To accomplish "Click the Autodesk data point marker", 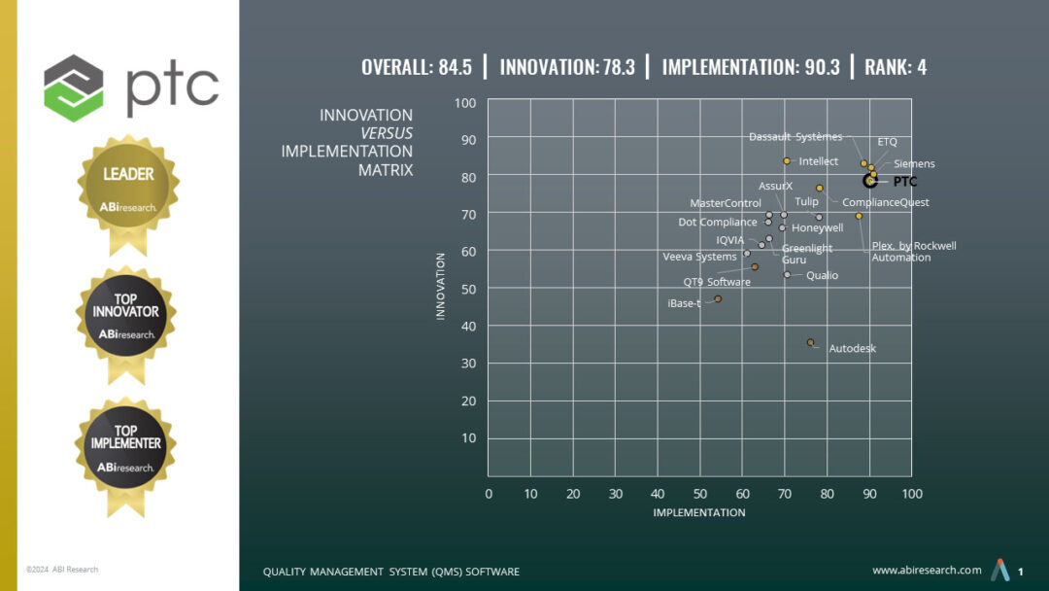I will click(810, 342).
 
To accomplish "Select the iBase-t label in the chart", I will click(684, 303).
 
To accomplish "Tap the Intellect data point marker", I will click(787, 160).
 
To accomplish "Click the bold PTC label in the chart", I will click(904, 181).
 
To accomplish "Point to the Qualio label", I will click(822, 275).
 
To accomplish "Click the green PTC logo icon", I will click(74, 82).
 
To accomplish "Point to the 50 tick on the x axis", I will click(699, 494).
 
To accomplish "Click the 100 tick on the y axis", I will click(465, 103).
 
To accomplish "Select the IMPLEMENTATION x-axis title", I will click(698, 512).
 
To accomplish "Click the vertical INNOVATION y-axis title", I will click(441, 287).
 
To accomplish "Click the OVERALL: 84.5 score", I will click(417, 67).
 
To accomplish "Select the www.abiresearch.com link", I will click(927, 570).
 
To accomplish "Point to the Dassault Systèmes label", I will click(795, 137).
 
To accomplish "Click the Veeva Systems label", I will click(699, 257).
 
